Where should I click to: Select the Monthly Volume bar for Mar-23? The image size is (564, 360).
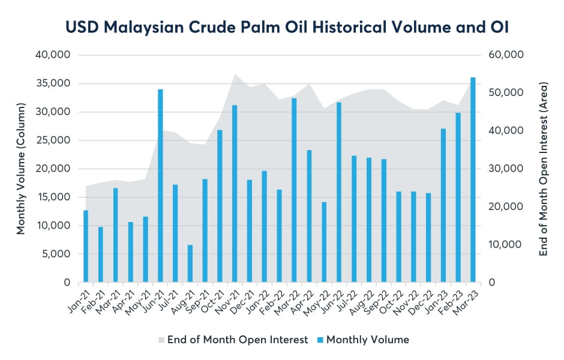[x=473, y=180]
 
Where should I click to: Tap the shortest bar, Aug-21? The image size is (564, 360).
[x=190, y=263]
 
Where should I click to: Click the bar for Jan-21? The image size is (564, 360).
[x=86, y=246]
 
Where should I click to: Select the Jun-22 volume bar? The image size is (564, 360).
[x=339, y=192]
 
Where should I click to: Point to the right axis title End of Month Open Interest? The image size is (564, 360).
[x=544, y=169]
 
